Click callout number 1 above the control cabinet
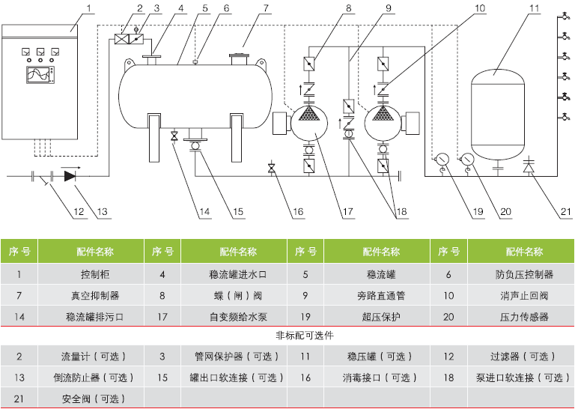pos(88,9)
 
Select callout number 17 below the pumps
pos(347,212)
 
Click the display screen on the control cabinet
pos(39,75)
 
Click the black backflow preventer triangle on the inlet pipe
pos(70,176)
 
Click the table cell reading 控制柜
pos(90,275)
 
